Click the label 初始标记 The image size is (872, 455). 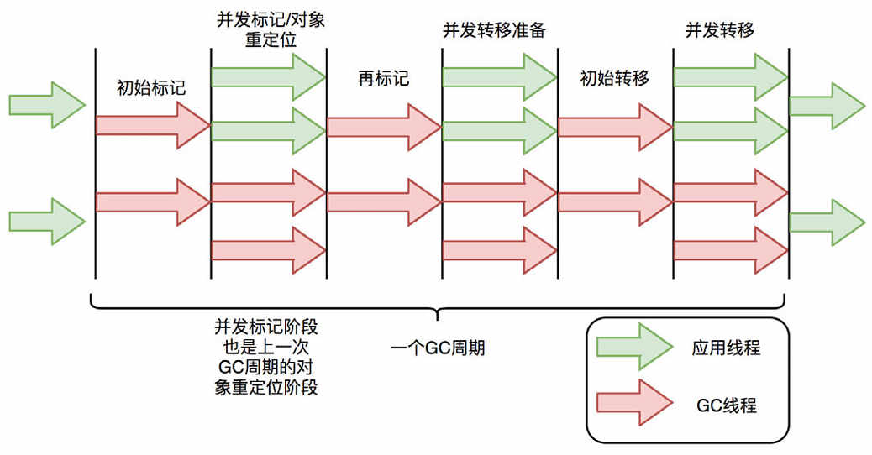(x=151, y=86)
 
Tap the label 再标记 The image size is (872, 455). (x=382, y=79)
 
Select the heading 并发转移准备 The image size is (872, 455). (x=495, y=30)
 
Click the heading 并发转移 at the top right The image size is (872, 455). (x=720, y=30)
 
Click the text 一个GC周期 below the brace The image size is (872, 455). (x=438, y=348)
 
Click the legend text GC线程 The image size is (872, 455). (x=727, y=405)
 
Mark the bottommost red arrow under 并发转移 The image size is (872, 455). (x=729, y=249)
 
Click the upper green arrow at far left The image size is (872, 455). (x=47, y=105)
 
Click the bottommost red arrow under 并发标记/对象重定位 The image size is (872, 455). (x=267, y=249)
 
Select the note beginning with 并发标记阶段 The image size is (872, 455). (x=266, y=357)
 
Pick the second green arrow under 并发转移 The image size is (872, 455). (x=729, y=127)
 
